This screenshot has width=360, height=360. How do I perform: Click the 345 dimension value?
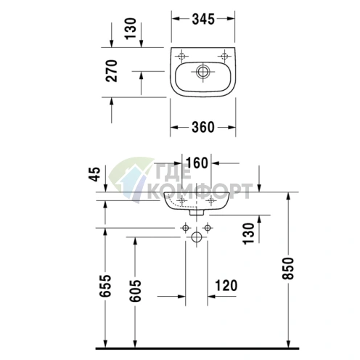pos(203,19)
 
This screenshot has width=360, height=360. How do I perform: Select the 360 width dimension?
pos(203,127)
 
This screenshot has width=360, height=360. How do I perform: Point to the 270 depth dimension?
pos(112,70)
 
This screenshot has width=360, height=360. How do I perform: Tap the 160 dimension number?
pos(197,163)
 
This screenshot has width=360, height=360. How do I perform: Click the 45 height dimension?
pos(94,174)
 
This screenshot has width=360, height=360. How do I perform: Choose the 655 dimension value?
pos(105,285)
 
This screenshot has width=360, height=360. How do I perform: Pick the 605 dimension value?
pos(135,291)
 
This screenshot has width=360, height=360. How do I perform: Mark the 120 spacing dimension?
pos(226,285)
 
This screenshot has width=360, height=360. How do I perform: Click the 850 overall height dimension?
pos(288,269)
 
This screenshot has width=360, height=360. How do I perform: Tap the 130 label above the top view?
pos(131,28)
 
